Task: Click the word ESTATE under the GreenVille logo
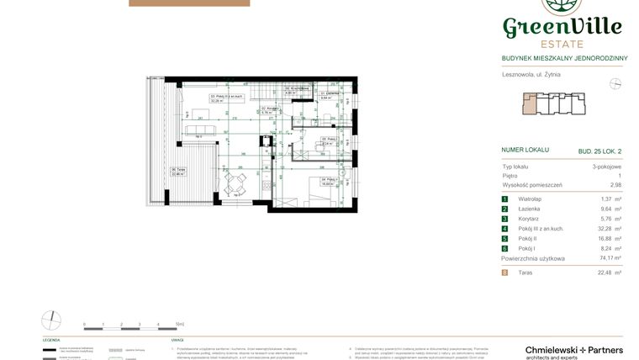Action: [x=562, y=43]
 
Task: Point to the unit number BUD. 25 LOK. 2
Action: [x=599, y=151]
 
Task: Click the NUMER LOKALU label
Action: [x=525, y=150]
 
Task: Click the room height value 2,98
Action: [x=615, y=185]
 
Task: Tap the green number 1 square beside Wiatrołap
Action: [x=504, y=199]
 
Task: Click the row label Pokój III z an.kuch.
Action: [x=541, y=229]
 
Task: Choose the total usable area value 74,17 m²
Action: [x=609, y=259]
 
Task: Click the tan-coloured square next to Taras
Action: [x=504, y=273]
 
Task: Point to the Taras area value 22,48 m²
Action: [x=610, y=273]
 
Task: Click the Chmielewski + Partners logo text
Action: [x=573, y=350]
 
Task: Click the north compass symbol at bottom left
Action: [x=51, y=320]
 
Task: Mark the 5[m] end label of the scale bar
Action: [x=179, y=324]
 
